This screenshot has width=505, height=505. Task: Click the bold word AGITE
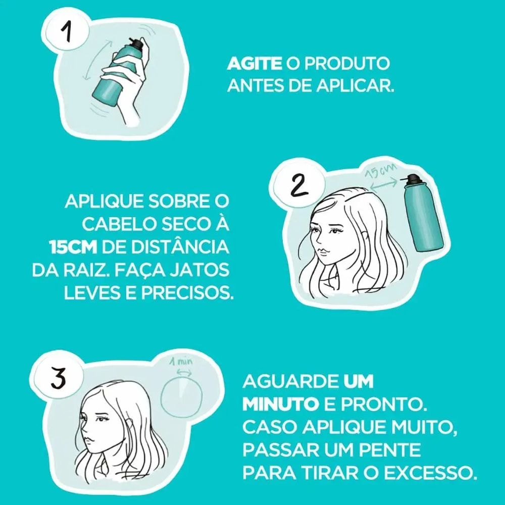click(x=253, y=65)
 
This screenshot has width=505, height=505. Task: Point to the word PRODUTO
click(x=347, y=65)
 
